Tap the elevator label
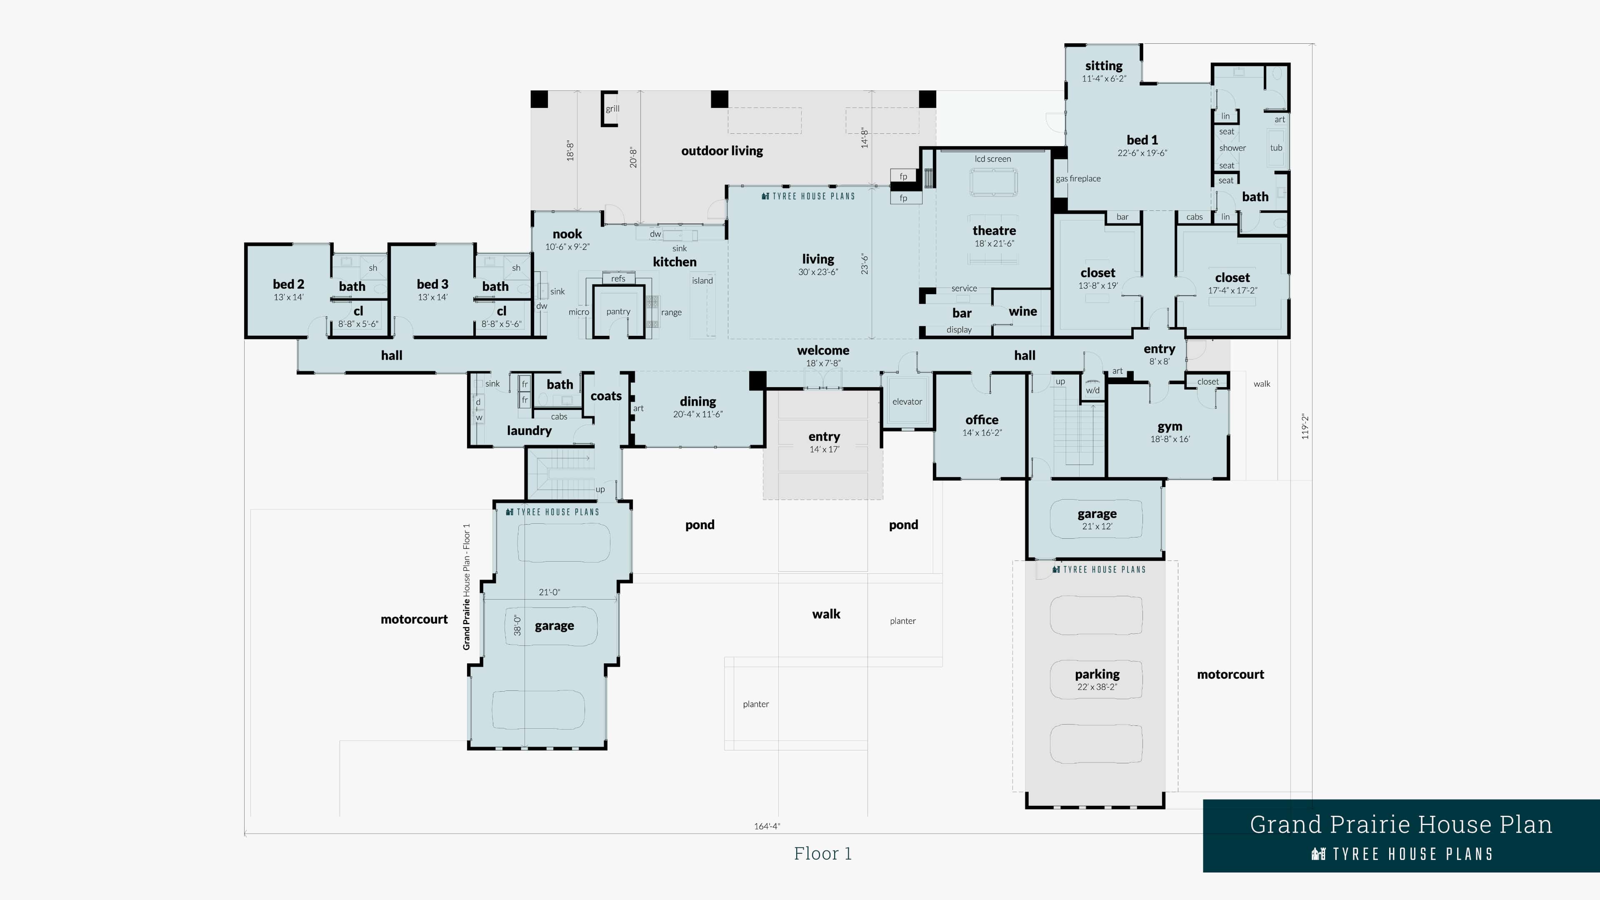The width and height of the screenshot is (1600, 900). [x=907, y=402]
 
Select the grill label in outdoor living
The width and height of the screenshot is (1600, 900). [x=612, y=109]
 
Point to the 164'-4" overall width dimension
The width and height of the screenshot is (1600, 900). [x=767, y=826]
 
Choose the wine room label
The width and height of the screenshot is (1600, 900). [x=1022, y=312]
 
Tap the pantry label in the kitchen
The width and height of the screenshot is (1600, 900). [x=618, y=312]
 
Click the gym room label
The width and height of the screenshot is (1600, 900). [x=1170, y=427]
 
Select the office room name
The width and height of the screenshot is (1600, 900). [x=981, y=420]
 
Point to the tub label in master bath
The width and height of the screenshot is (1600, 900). [x=1276, y=148]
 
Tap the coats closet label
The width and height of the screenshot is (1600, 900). [x=605, y=396]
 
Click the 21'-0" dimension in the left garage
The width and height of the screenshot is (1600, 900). [x=549, y=592]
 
